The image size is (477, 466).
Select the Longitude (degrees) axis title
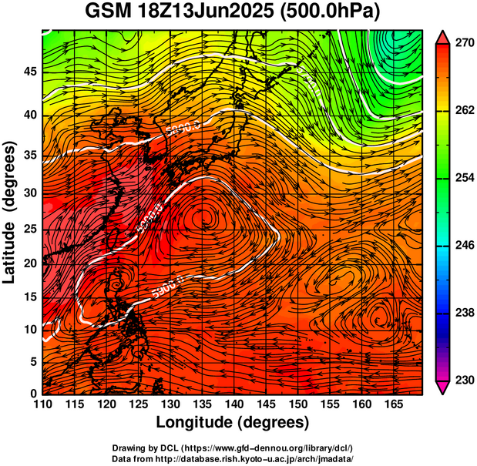click(233, 422)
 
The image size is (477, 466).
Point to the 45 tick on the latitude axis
click(30, 72)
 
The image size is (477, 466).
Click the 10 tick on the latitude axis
click(30, 329)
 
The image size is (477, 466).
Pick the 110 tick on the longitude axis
click(42, 404)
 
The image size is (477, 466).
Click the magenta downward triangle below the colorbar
click(442, 387)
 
